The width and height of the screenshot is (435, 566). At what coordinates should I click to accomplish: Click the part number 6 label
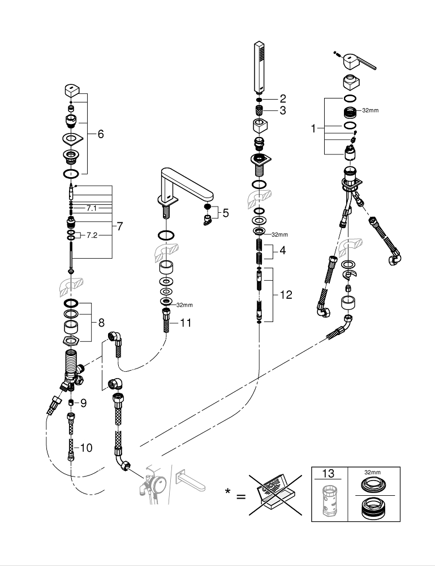[x=101, y=134]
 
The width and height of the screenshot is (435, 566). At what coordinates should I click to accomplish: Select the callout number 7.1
[x=92, y=208]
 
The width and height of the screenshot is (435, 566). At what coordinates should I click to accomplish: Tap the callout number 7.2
[x=92, y=235]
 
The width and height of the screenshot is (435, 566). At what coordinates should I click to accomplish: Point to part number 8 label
[x=101, y=323]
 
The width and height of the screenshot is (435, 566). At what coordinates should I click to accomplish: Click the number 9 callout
[x=83, y=403]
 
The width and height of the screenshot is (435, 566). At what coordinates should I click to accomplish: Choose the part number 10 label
[x=86, y=448]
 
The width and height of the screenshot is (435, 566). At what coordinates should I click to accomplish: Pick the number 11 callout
[x=186, y=323]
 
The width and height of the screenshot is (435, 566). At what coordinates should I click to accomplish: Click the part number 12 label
[x=286, y=294]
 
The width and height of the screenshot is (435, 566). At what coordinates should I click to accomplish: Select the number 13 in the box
[x=329, y=474]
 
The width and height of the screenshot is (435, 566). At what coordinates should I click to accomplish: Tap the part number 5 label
[x=225, y=213]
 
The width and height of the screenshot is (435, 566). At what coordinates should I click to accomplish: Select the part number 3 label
[x=282, y=110]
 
